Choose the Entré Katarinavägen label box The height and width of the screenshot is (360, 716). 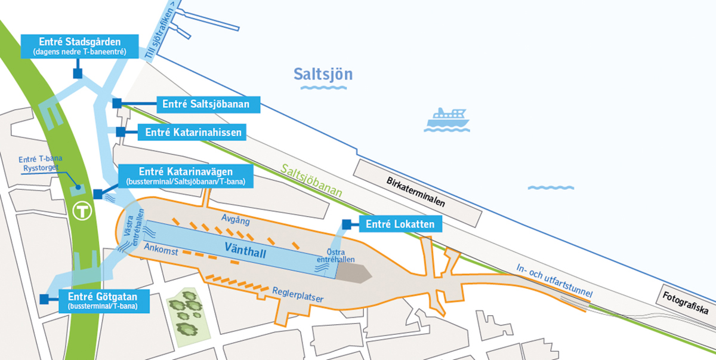[186, 175]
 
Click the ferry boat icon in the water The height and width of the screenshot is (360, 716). [447, 120]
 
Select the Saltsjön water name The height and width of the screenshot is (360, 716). [323, 75]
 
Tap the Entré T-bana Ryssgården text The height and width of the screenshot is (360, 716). [41, 164]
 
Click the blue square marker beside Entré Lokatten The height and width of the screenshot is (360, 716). [347, 224]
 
